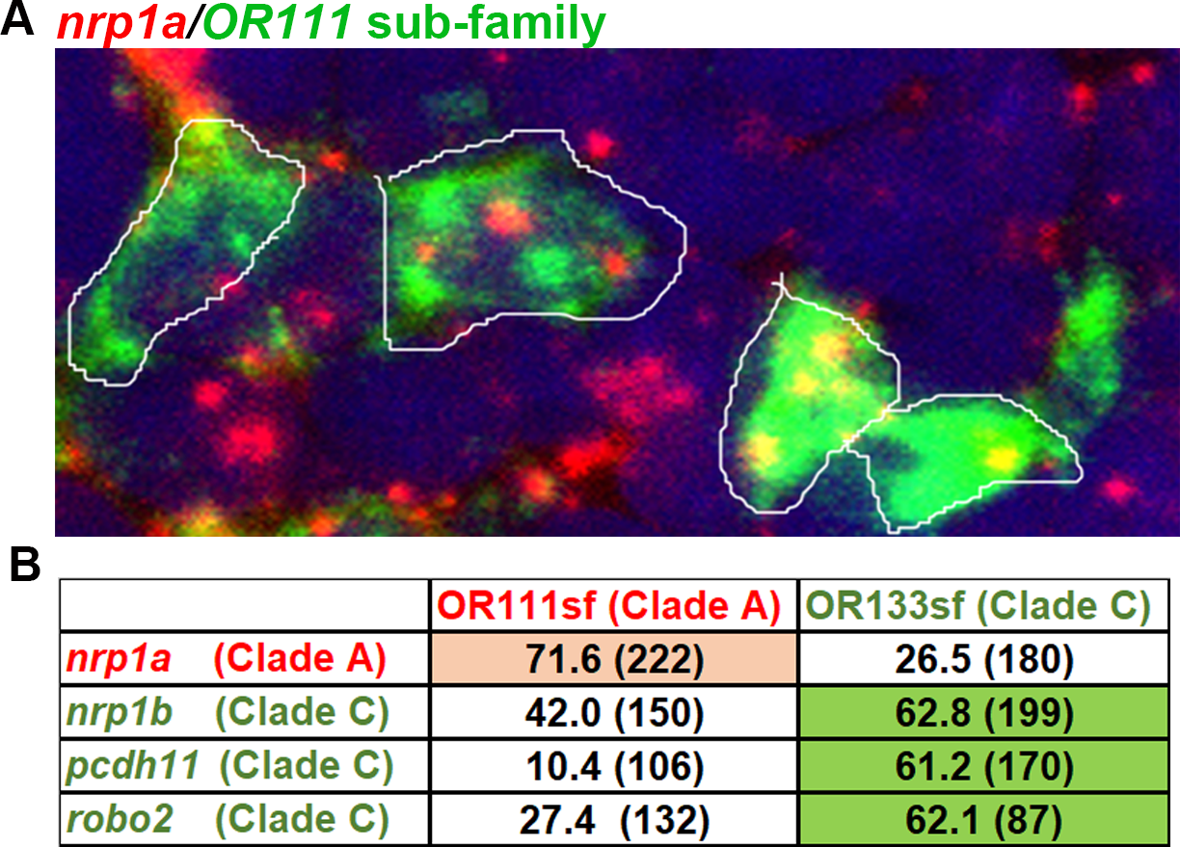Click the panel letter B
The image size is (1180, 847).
[x=25, y=565]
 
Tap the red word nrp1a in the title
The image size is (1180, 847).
[x=121, y=24]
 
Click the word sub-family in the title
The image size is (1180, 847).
[x=486, y=24]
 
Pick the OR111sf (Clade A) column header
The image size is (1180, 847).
[x=609, y=605]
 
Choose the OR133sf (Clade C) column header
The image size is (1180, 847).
[x=979, y=605]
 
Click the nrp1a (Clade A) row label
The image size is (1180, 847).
[x=227, y=658]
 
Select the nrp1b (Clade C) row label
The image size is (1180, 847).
[x=228, y=712]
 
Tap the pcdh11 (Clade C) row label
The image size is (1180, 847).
[x=229, y=766]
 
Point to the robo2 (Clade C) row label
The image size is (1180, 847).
[x=228, y=820]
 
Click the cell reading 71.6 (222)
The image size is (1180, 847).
[x=614, y=658]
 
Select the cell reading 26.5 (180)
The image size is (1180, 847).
[x=984, y=658]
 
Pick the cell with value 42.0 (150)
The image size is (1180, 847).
[x=614, y=712]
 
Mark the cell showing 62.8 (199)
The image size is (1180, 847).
[x=984, y=712]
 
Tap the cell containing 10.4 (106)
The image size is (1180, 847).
[x=614, y=766]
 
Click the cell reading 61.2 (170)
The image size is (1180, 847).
[x=984, y=766]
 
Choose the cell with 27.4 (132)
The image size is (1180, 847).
[x=614, y=820]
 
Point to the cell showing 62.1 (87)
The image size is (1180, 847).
[x=984, y=820]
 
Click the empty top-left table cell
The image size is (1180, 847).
[x=245, y=605]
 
